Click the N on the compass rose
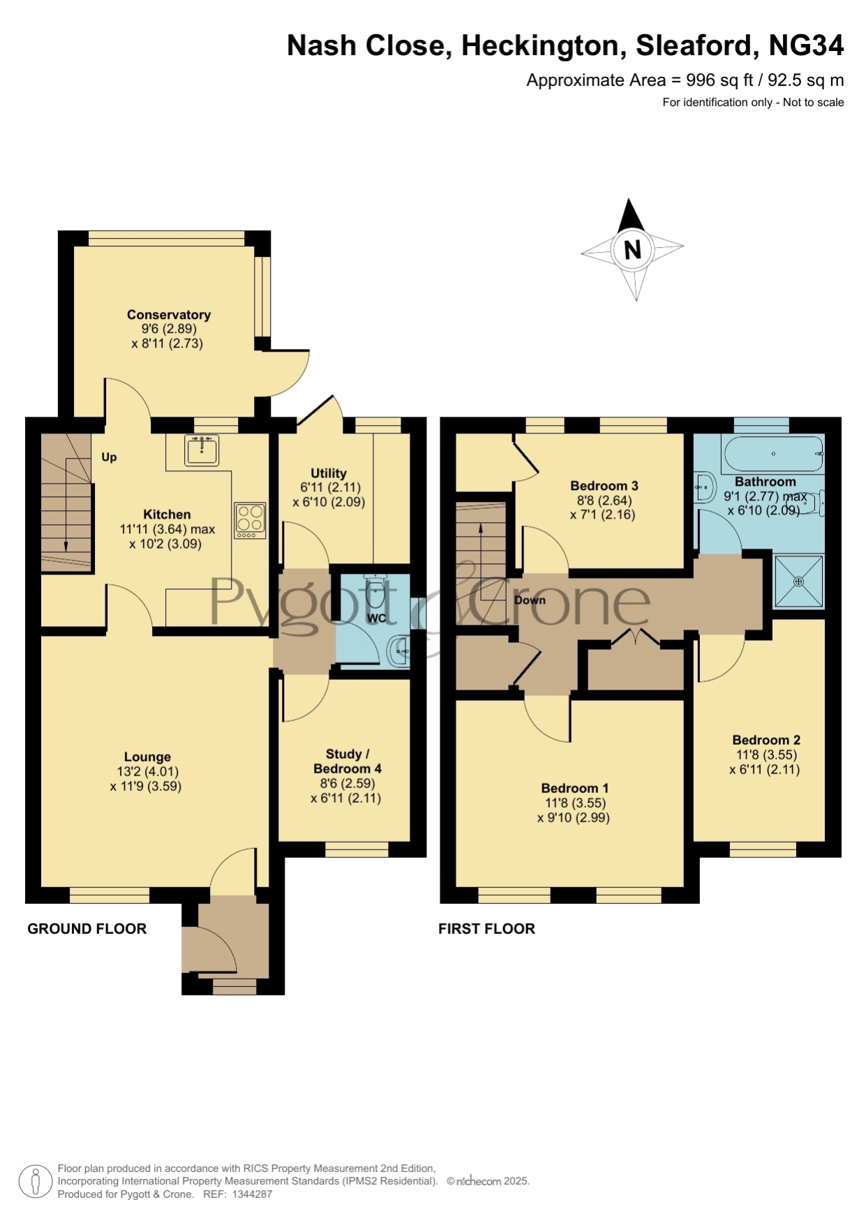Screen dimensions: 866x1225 click(x=633, y=249)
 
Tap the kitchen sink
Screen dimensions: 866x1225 click(x=202, y=450)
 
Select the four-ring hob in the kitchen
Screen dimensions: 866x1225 click(x=250, y=521)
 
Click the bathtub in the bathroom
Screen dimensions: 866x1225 click(x=774, y=454)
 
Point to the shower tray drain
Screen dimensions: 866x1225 click(x=799, y=581)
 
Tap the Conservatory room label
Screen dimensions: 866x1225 click(x=169, y=315)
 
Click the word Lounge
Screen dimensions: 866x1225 click(x=147, y=757)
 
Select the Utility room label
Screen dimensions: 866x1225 click(x=329, y=473)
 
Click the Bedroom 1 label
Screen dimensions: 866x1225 click(x=575, y=788)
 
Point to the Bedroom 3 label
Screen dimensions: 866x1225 click(x=604, y=486)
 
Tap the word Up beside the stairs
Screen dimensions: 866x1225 click(x=109, y=457)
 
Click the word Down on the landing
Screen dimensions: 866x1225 click(x=530, y=600)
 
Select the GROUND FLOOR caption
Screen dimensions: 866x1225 click(x=87, y=928)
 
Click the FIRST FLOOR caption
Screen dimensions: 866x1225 click(x=486, y=928)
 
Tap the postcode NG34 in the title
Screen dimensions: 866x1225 click(x=806, y=45)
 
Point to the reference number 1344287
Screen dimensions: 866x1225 click(x=252, y=1194)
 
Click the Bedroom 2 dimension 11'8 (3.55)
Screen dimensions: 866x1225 click(x=766, y=755)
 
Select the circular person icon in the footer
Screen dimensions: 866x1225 click(x=35, y=1181)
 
